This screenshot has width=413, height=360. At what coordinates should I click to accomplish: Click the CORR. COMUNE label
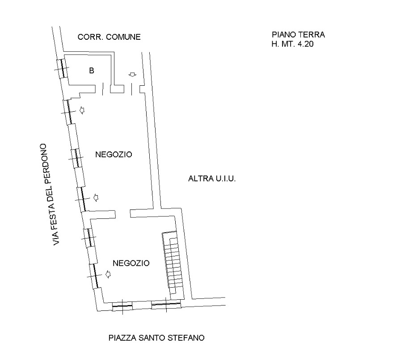pos(109,37)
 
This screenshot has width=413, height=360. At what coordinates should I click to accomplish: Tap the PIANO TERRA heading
pos(298,34)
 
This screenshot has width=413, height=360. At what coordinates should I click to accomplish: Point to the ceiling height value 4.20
pos(306,44)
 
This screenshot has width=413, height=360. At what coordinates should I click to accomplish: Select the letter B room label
pos(91,71)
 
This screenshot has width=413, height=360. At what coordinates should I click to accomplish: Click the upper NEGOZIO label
pos(114,154)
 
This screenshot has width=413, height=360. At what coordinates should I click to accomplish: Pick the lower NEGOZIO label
pos(131,263)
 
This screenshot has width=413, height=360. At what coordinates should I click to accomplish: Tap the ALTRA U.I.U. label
pos(212,179)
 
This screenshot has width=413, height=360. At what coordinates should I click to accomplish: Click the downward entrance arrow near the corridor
pos(132,75)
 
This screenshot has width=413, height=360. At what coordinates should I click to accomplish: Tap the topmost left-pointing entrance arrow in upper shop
pos(82,110)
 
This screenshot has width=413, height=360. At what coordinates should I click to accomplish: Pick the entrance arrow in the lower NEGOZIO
pos(108,274)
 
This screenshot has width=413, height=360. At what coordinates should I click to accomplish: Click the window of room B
pos(63,68)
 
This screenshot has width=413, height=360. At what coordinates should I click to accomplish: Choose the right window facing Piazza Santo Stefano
pos(166,304)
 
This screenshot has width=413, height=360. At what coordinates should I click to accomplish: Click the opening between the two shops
pos(123,213)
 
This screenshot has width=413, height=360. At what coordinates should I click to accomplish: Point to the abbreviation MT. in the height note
pos(288,44)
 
